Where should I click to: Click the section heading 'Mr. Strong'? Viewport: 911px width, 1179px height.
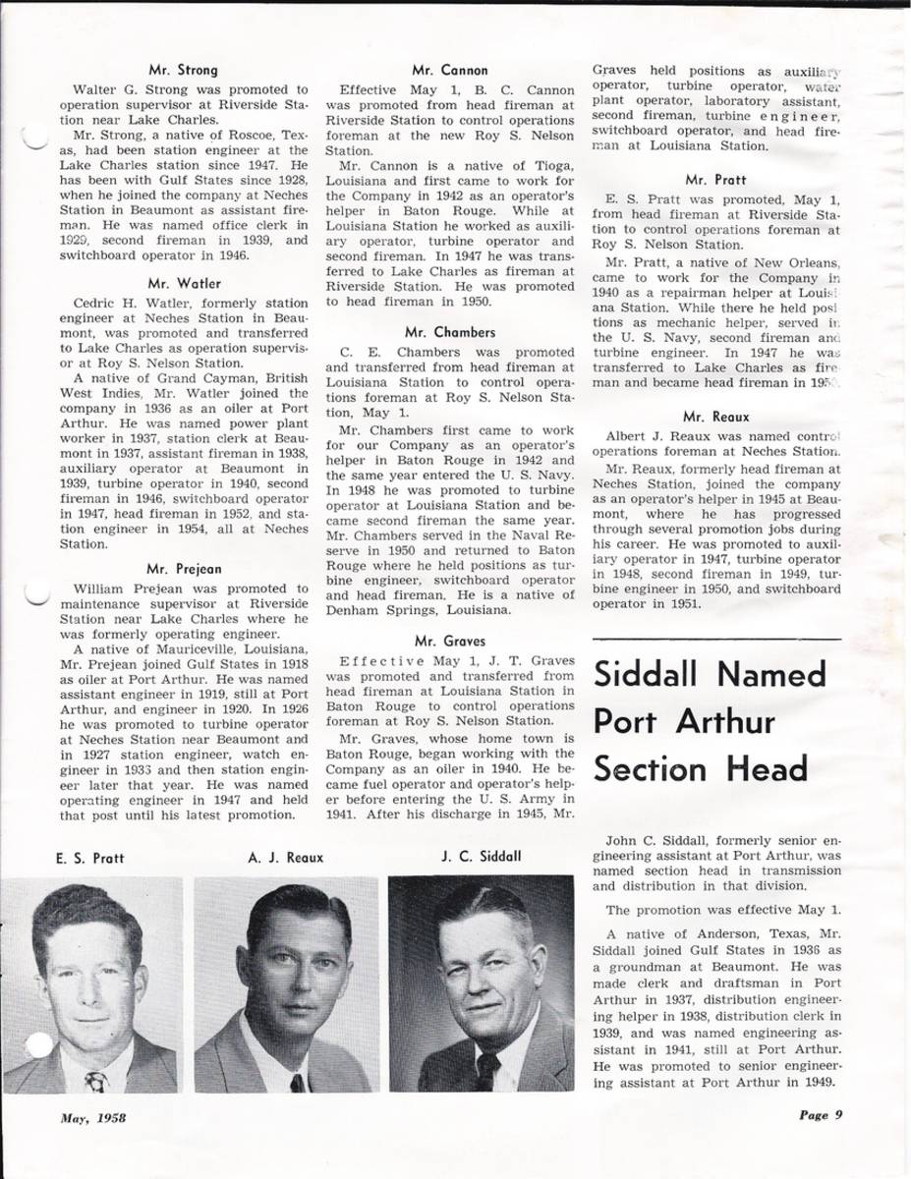pos(183,70)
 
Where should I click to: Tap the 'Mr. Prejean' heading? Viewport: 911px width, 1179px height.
pos(183,568)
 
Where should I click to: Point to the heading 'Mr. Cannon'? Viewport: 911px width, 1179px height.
pos(451,70)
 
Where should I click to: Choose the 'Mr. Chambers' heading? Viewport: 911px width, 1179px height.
pos(450,332)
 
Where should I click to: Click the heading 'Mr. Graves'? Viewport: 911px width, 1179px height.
pos(450,641)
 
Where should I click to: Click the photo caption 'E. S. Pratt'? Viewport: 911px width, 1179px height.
pos(89,858)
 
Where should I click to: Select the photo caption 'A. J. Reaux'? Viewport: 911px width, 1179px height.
pos(286,858)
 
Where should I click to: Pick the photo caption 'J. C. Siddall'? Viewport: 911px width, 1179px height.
pos(482,856)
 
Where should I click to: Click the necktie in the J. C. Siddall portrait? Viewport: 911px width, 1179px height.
pos(487,1069)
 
